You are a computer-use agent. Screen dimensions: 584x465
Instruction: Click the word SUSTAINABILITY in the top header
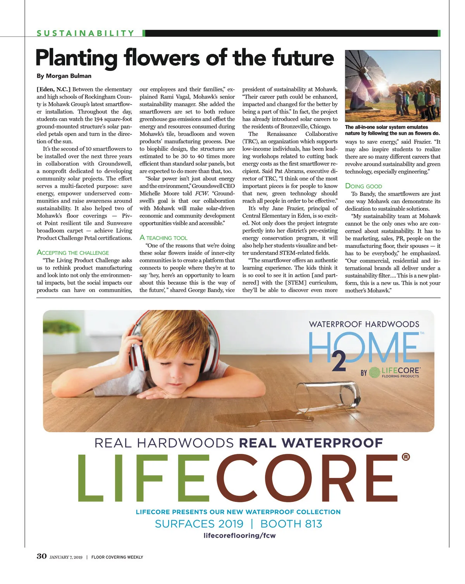(x=85, y=33)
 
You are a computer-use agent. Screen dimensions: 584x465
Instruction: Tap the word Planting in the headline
(x=76, y=58)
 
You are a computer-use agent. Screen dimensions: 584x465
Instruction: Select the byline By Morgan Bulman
(x=64, y=76)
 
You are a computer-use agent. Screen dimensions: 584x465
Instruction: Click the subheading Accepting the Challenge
(x=73, y=253)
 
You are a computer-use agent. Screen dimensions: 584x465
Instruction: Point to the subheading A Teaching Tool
(x=163, y=238)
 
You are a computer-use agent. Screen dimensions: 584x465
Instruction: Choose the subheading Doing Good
(x=363, y=186)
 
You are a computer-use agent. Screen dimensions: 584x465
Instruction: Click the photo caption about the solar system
(x=392, y=130)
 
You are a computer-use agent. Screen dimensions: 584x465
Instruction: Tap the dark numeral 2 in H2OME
(x=339, y=362)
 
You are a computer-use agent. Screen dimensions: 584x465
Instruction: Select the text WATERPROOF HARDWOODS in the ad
(x=364, y=324)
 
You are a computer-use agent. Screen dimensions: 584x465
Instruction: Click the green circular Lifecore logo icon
(x=374, y=373)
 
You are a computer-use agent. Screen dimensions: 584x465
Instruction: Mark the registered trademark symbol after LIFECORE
(x=406, y=457)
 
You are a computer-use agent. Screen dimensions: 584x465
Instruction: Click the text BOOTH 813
(x=291, y=524)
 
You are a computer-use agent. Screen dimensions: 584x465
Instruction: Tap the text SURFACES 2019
(x=199, y=524)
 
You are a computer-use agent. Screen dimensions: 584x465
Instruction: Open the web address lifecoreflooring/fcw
(x=239, y=536)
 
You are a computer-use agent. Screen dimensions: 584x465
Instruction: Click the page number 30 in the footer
(x=41, y=557)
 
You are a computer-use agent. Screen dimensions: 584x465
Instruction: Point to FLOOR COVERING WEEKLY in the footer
(x=117, y=557)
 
